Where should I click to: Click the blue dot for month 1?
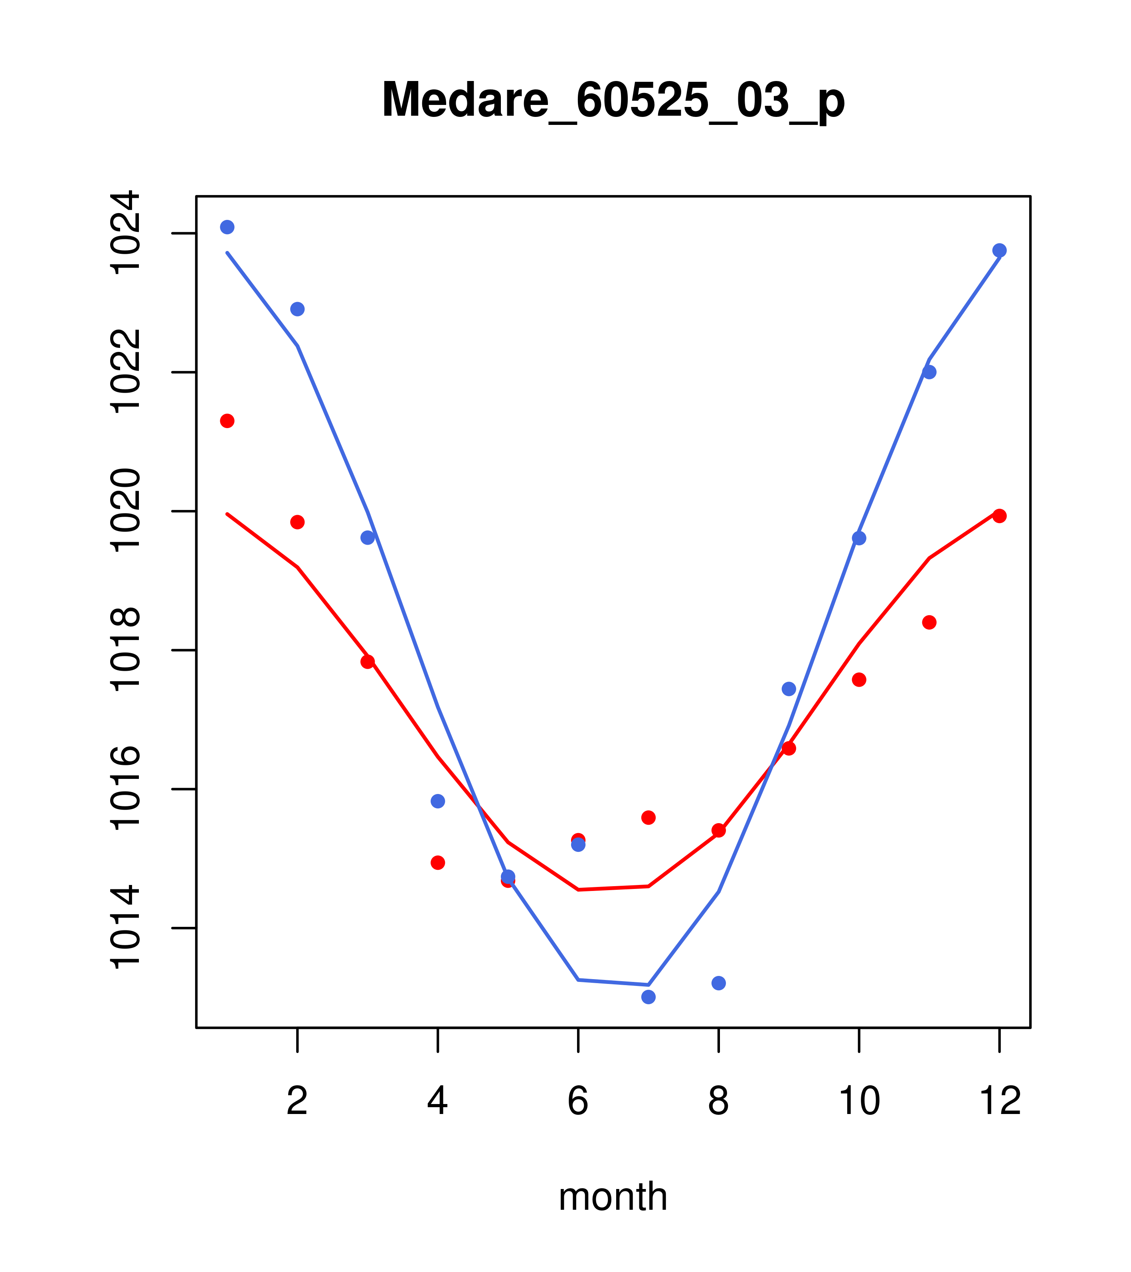(x=227, y=227)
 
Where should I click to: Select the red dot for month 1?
(x=227, y=421)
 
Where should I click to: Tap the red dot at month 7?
(x=649, y=818)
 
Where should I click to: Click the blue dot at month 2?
(x=298, y=309)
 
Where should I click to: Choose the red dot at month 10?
(x=859, y=679)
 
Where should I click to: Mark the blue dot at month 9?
(x=789, y=689)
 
